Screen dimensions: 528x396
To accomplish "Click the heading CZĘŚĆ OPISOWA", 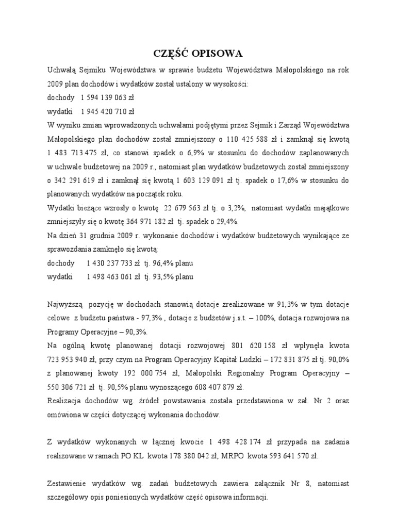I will [x=198, y=54].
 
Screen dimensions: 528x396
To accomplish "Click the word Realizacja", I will [x=64, y=401].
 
